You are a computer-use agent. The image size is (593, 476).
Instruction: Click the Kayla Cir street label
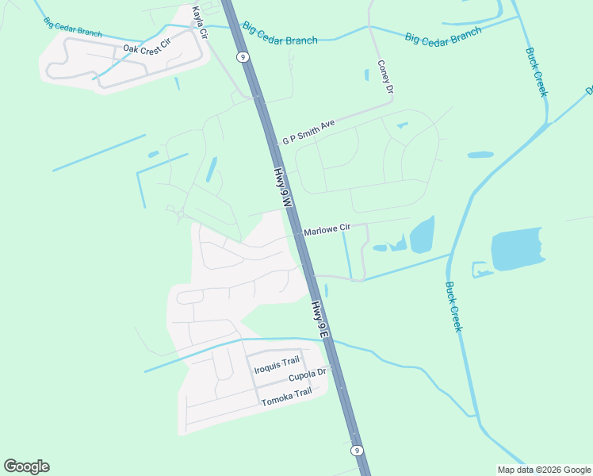coord(200,23)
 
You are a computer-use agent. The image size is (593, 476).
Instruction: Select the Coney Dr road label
coord(385,78)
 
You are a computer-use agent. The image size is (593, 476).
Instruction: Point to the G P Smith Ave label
coord(309,131)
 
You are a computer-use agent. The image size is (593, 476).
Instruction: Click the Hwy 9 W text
coord(283,187)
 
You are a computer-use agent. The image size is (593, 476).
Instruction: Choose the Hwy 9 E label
coord(319,321)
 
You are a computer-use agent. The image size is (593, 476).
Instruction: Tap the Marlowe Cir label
coord(327,229)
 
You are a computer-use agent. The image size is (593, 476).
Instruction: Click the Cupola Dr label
coord(307,374)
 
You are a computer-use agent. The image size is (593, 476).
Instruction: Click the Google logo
coord(26,466)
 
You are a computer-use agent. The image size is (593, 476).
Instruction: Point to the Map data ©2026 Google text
coord(544,469)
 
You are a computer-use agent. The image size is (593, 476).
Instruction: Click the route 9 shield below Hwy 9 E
coord(358,450)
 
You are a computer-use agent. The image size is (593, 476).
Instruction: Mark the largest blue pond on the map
coord(516,251)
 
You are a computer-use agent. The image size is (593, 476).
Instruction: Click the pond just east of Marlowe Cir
coord(422,234)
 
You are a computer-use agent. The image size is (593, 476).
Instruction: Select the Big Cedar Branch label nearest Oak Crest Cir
coord(73,28)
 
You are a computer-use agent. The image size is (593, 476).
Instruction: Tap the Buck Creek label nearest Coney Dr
coord(537,72)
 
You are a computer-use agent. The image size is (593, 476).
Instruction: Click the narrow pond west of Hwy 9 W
coord(212,169)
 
